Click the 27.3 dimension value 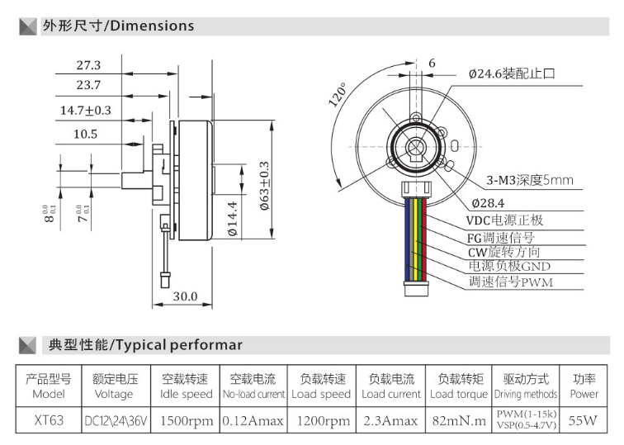click(88, 65)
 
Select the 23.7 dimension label click(88, 85)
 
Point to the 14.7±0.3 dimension click(85, 109)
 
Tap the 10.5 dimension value click(84, 133)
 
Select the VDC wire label click(505, 220)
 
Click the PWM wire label click(511, 282)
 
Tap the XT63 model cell click(49, 420)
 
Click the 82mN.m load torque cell click(458, 420)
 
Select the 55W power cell click(584, 420)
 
